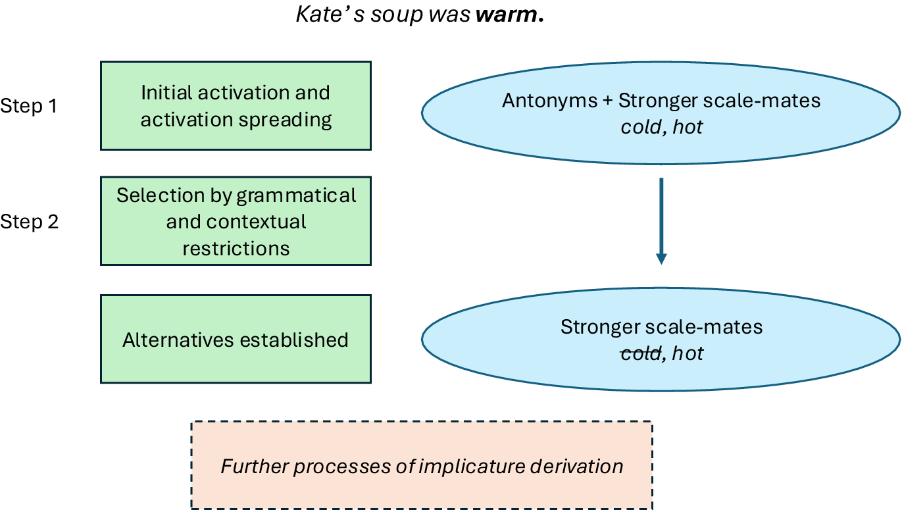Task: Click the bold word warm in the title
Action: tap(507, 14)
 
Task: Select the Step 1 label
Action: tap(30, 106)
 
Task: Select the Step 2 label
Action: tap(30, 222)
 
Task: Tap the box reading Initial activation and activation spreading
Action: tap(236, 106)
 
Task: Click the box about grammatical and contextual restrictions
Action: tap(236, 221)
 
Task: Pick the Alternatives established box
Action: tap(236, 340)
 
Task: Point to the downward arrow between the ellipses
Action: tap(661, 221)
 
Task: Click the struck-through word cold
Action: tap(641, 353)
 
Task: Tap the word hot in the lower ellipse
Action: tap(688, 353)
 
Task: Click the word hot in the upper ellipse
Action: tap(688, 126)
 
